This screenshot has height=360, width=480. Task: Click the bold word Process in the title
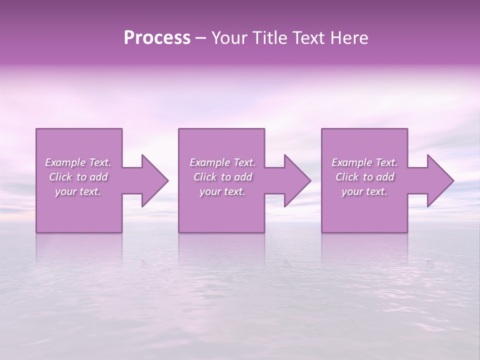(157, 38)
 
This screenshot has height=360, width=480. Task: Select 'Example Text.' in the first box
(78, 162)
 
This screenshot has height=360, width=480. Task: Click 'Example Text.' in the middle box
(222, 162)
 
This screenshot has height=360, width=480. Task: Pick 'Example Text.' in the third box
(364, 162)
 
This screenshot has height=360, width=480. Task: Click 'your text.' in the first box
(78, 191)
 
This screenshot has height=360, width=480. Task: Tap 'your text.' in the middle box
(222, 191)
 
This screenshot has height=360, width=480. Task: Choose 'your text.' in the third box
(364, 191)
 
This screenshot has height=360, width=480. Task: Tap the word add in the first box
(98, 177)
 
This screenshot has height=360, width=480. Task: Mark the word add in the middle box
(243, 177)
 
